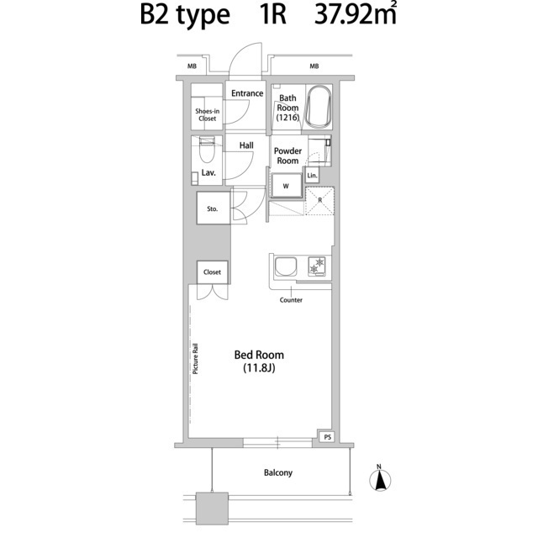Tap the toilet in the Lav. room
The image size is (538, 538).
[208, 154]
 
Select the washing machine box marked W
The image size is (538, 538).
[285, 185]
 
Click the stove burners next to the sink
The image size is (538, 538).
[319, 266]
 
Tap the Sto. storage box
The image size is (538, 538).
[213, 208]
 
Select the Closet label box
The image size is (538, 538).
[213, 272]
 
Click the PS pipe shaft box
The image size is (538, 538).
[326, 437]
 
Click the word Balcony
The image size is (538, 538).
[277, 473]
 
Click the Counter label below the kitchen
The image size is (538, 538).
[291, 300]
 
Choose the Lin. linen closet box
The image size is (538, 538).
[312, 175]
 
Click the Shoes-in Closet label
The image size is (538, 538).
[207, 114]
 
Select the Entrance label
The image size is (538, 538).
[246, 93]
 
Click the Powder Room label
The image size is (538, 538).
[287, 156]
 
